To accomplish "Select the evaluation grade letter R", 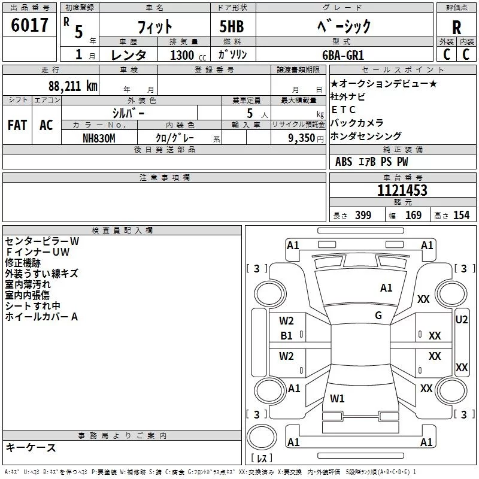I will (x=456, y=27).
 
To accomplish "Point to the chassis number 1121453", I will (x=402, y=190).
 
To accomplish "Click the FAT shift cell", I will (x=17, y=125).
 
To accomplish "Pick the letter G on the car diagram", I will (x=378, y=316).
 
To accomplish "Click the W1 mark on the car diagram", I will (x=337, y=398).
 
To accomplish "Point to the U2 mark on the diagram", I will (x=462, y=320).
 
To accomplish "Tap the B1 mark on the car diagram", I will (x=287, y=336).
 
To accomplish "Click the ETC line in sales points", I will (x=343, y=110).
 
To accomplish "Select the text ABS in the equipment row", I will (x=344, y=162).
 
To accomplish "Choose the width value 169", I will (x=413, y=216).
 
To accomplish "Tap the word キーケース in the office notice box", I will (x=31, y=447).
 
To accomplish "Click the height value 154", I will (x=461, y=216).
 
